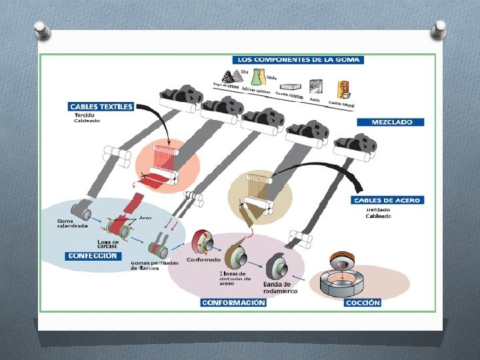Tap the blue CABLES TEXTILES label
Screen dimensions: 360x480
101,106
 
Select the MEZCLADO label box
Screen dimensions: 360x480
398,123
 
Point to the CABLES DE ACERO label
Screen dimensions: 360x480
387,201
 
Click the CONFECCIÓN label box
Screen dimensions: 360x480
93,255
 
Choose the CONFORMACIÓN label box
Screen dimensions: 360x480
233,303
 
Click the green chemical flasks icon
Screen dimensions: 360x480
255,74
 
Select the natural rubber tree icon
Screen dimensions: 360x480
344,89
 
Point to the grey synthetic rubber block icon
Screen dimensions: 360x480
290,86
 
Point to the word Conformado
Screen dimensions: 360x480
203,259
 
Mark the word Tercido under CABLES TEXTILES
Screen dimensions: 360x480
84,115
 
